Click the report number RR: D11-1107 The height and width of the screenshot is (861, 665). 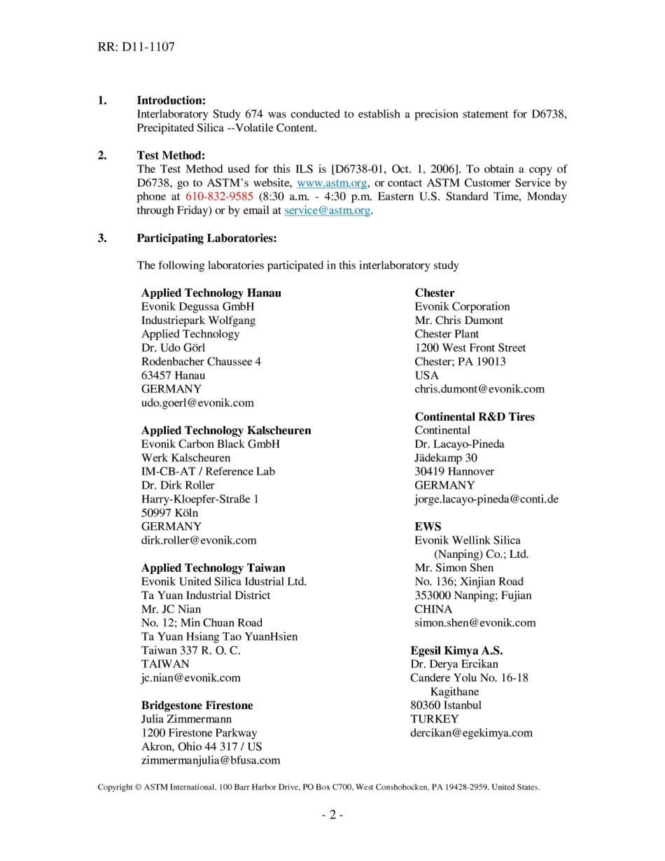tap(136, 47)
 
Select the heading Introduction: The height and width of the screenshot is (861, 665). tap(171, 100)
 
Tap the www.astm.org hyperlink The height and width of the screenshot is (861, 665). tap(332, 183)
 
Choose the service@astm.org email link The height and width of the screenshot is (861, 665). tap(327, 210)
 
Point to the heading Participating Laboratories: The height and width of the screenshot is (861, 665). tap(206, 238)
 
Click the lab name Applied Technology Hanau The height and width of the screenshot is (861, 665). tap(211, 293)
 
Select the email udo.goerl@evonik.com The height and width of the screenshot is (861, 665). tap(197, 402)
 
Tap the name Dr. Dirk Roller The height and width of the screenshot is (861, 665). tap(178, 485)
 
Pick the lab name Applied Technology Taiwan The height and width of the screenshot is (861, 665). tap(213, 568)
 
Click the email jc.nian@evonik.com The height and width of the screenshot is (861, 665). tap(190, 678)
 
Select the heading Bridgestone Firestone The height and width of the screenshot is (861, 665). tap(197, 705)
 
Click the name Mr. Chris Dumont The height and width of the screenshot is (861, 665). tap(458, 320)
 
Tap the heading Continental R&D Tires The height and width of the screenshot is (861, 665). tap(474, 416)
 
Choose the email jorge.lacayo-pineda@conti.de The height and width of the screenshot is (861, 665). tap(486, 499)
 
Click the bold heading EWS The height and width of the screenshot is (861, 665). tap(428, 526)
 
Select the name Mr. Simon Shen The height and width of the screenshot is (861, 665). tap(454, 568)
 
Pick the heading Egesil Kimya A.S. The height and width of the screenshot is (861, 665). tap(456, 650)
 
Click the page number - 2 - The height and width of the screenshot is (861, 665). tap(332, 814)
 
